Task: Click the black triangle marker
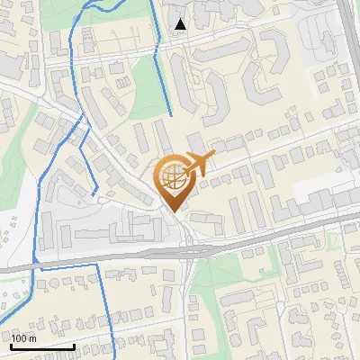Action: coord(182,24)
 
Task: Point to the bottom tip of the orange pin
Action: coord(174,213)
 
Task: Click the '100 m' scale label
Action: coord(23,338)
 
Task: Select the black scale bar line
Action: coord(42,346)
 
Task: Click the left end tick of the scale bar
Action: coord(11,344)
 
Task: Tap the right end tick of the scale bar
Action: coord(74,344)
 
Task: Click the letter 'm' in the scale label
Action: coord(32,338)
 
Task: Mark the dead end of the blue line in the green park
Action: coord(172,116)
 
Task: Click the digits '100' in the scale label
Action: coord(19,338)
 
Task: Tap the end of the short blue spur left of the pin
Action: coord(93,193)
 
